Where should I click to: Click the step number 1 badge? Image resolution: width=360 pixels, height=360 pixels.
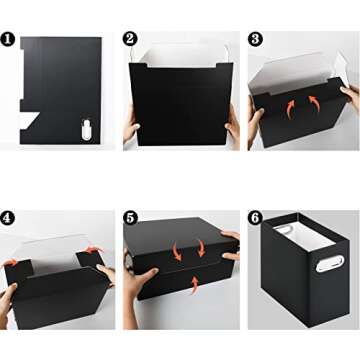(x=9, y=40)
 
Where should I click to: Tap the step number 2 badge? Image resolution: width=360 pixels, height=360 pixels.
(x=130, y=40)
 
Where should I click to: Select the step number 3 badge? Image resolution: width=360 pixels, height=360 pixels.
(x=255, y=40)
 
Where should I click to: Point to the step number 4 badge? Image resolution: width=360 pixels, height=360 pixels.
(x=9, y=217)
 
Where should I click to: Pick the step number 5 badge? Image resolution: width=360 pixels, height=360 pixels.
(x=130, y=217)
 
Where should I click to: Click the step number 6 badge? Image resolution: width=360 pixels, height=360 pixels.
(x=255, y=217)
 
